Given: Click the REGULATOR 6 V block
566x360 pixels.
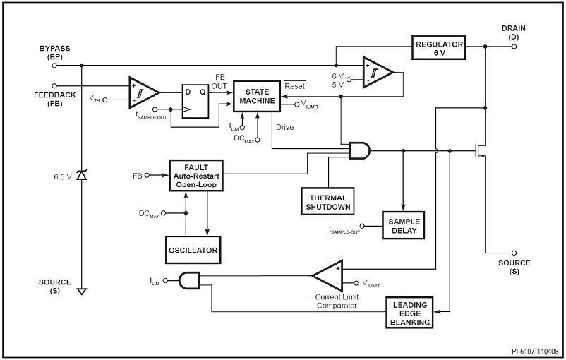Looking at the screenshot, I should click(x=440, y=48).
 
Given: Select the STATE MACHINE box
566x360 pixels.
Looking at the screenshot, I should click(x=257, y=97).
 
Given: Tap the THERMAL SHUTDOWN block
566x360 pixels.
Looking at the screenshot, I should click(x=327, y=200).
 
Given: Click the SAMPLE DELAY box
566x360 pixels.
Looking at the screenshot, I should click(x=403, y=226).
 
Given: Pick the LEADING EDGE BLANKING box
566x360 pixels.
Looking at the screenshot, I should click(x=410, y=313).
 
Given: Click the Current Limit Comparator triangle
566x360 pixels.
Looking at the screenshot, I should click(x=328, y=276).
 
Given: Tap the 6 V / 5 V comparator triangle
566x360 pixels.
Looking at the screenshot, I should click(x=376, y=73).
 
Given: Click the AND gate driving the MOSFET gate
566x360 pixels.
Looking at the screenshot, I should click(x=359, y=150).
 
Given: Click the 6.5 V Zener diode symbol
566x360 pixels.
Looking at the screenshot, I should click(x=82, y=175).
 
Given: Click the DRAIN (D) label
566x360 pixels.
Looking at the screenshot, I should click(x=513, y=32).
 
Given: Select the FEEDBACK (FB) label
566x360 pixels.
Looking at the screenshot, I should click(x=54, y=99).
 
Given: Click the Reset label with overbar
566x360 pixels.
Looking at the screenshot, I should click(x=294, y=86).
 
